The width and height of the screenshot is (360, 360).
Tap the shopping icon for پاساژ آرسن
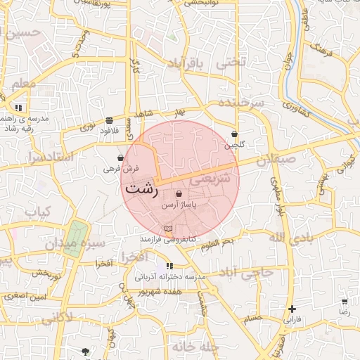coord(179,193)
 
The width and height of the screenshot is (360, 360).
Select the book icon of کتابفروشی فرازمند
coord(167,229)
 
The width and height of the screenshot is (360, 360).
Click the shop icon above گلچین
coord(234,134)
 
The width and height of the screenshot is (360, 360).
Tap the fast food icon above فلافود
coord(109,120)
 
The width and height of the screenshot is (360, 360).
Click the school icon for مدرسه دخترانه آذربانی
coord(169,266)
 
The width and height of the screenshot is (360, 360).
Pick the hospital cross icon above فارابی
coord(292,309)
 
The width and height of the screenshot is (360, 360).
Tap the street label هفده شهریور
coord(161,290)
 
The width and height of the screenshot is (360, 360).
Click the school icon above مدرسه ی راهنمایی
coord(19,108)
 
